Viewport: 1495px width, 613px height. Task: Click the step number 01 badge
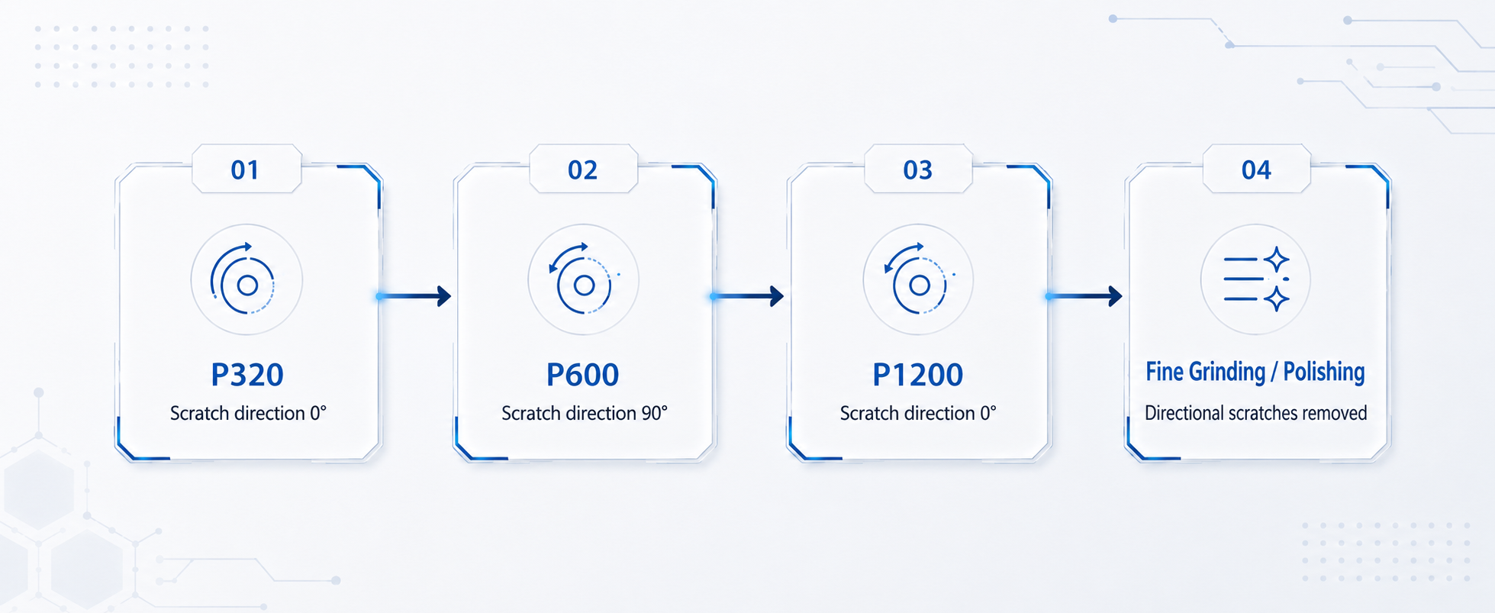[x=246, y=169]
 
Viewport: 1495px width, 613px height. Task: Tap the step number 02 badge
[x=583, y=169]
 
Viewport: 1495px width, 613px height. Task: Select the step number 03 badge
[x=918, y=169]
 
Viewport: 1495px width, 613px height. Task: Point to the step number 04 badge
[x=1256, y=169]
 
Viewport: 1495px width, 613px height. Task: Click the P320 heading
[x=247, y=375]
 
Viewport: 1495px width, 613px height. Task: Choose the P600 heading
[x=583, y=375]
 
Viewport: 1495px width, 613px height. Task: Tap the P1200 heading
[x=918, y=375]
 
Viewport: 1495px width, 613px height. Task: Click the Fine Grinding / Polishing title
[x=1255, y=372]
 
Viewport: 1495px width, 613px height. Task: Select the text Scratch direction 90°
[x=585, y=413]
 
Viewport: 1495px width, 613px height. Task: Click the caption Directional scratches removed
[x=1255, y=413]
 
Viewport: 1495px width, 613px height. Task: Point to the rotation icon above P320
[x=243, y=279]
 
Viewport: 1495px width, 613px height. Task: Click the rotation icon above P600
[x=583, y=279]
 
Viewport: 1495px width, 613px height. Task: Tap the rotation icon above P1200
[x=918, y=279]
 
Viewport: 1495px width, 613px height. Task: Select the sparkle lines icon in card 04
[x=1256, y=279]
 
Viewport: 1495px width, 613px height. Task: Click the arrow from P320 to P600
[x=414, y=295]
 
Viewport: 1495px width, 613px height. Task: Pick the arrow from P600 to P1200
[x=748, y=295]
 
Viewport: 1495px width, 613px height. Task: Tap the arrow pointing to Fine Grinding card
[x=1084, y=295]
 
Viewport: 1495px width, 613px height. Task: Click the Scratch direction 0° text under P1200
[x=918, y=413]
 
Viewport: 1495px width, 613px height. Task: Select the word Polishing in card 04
[x=1324, y=372]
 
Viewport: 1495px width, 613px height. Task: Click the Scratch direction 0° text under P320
[x=248, y=413]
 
